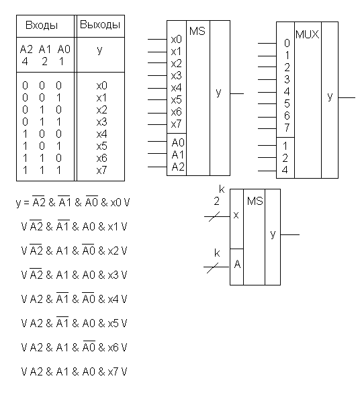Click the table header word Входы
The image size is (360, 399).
(42, 26)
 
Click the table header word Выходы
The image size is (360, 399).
(100, 25)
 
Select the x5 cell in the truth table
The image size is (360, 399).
(102, 146)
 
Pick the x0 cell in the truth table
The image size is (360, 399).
(102, 85)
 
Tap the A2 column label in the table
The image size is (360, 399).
(26, 49)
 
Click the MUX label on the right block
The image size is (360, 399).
(308, 35)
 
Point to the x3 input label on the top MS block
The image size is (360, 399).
(177, 76)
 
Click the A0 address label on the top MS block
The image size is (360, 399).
(178, 143)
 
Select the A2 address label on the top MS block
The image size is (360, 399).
(178, 167)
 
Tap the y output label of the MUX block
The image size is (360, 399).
(330, 97)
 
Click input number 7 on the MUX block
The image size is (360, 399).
(287, 128)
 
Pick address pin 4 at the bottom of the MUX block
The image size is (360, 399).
(285, 170)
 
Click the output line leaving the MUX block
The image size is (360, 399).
(347, 97)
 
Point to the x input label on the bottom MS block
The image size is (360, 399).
(236, 215)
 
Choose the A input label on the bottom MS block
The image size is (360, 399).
(237, 265)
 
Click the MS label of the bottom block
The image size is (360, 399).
(255, 201)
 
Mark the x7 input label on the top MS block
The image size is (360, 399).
(177, 124)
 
